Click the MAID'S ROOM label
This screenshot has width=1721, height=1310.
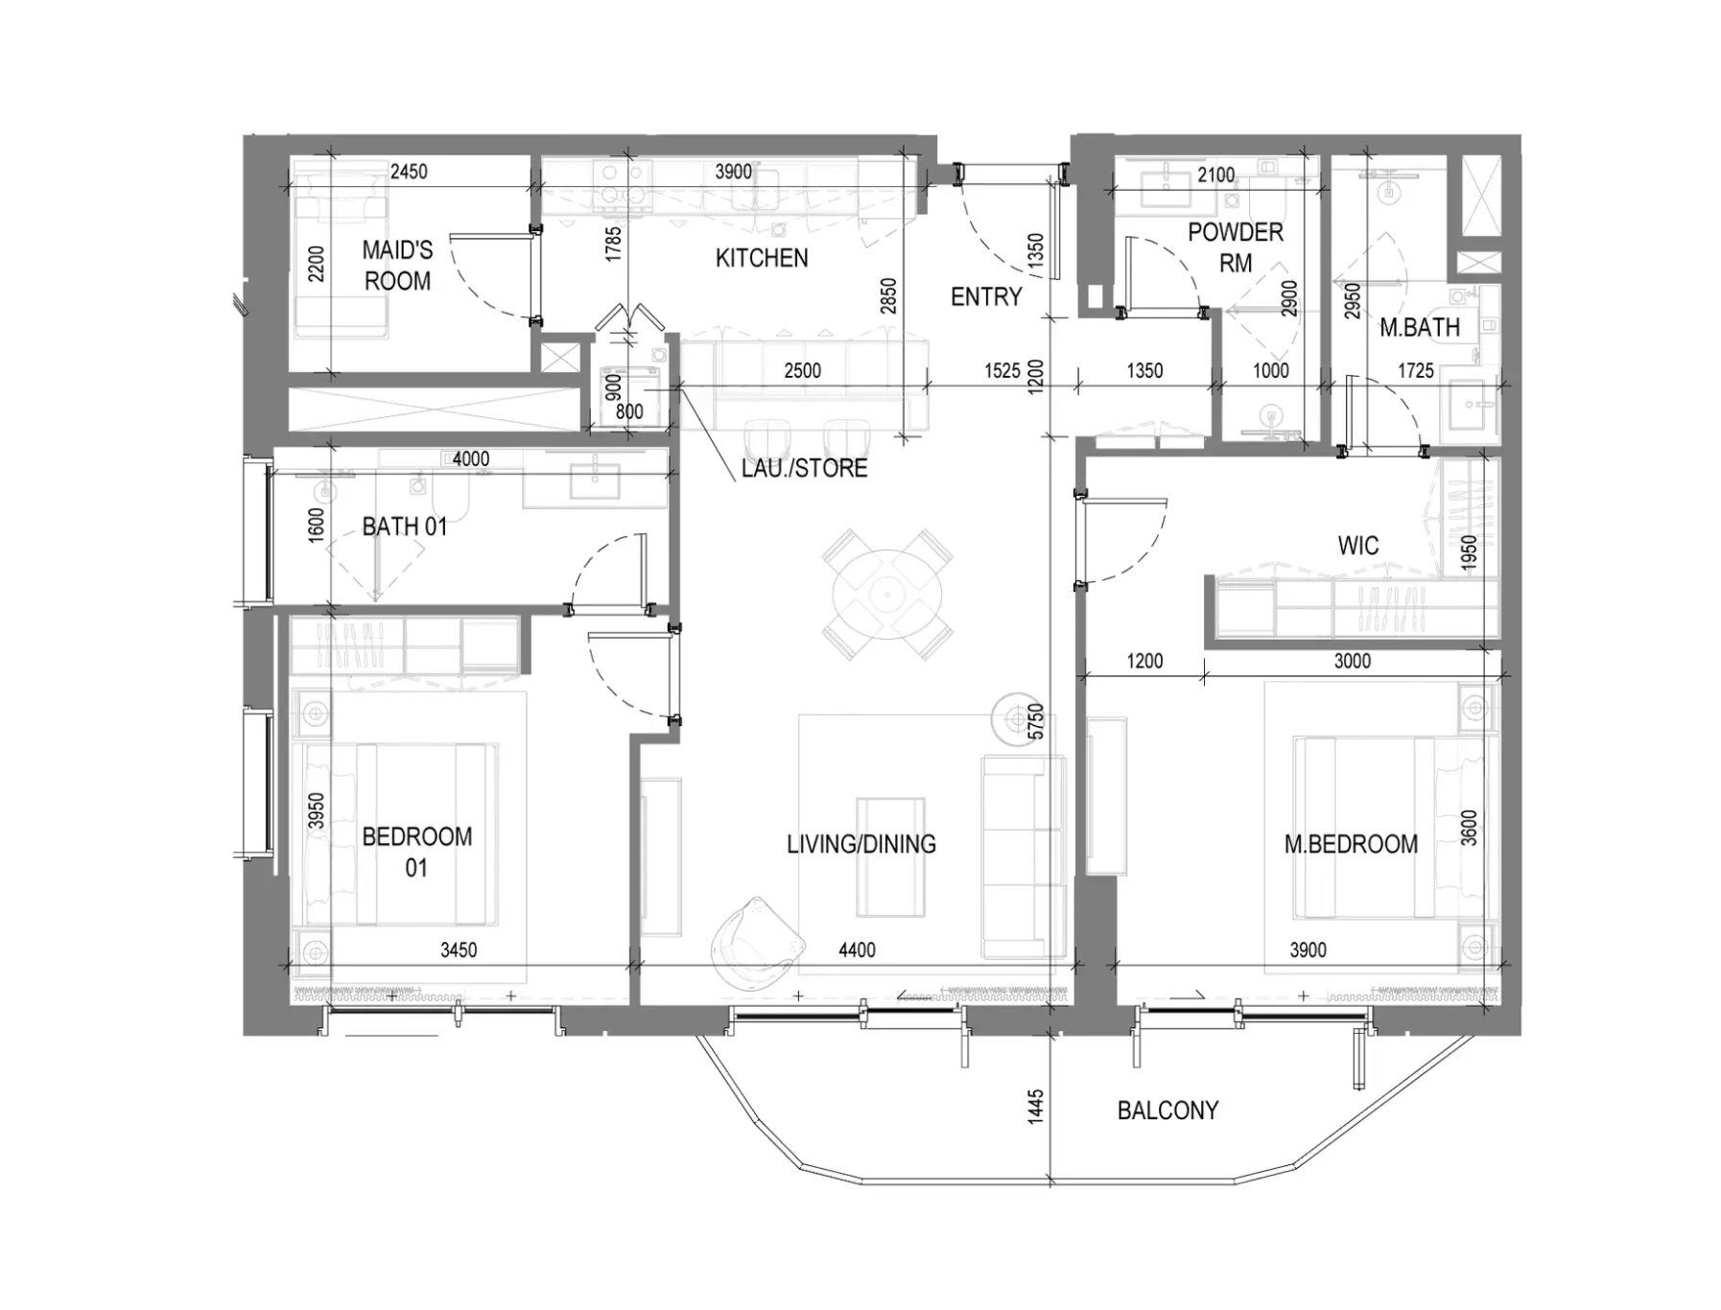[x=397, y=266]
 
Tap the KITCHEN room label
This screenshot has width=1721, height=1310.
[x=762, y=258]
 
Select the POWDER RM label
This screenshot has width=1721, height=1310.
[x=1236, y=247]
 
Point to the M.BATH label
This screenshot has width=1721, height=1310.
[x=1420, y=328]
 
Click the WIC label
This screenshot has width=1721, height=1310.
[x=1358, y=546]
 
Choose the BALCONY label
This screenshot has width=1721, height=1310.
[x=1167, y=1111]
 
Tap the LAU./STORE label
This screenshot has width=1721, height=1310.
[x=804, y=468]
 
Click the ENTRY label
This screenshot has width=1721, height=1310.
[x=986, y=297]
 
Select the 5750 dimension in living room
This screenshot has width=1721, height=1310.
[x=1035, y=721]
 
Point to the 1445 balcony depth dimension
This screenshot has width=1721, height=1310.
[x=1035, y=1107]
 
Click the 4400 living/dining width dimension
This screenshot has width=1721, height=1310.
[x=857, y=950]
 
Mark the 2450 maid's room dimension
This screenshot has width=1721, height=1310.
[x=409, y=172]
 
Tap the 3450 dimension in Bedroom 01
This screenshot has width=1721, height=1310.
[x=459, y=950]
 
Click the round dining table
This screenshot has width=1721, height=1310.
[x=887, y=594]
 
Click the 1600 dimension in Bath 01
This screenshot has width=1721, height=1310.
[x=317, y=526]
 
